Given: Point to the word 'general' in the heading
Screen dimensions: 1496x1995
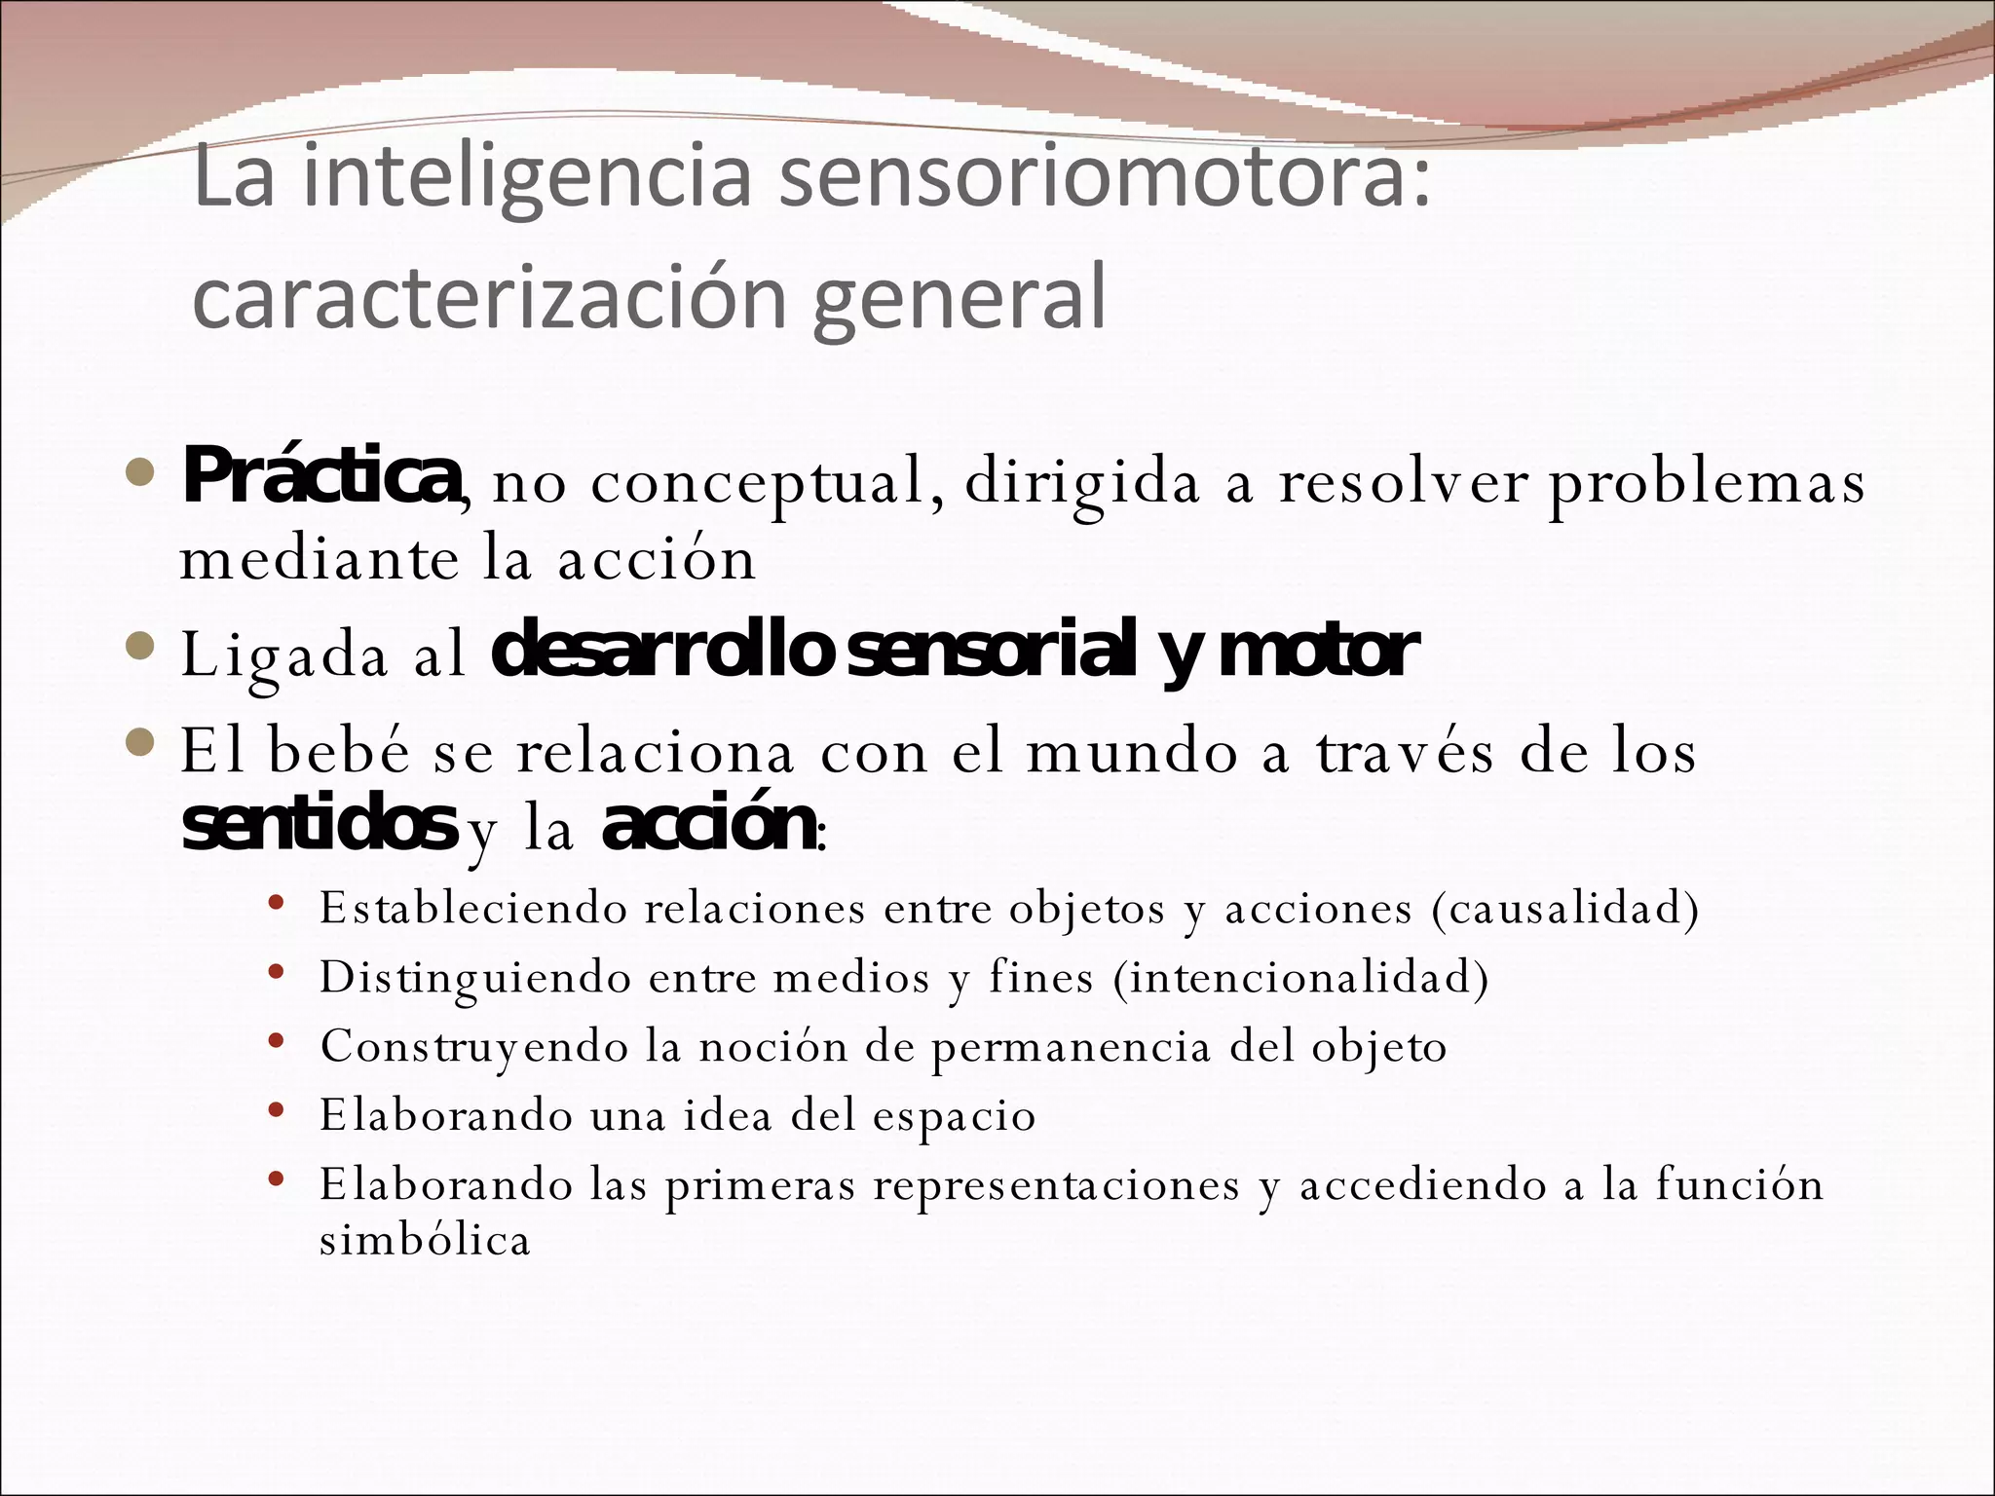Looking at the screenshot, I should click(960, 300).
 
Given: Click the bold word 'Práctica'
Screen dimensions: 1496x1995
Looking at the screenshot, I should click(320, 476).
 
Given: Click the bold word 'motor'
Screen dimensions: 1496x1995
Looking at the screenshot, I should click(1317, 652).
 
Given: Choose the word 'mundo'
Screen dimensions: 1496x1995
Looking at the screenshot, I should click(1131, 753).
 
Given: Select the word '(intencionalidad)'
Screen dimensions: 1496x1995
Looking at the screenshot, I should click(1301, 977).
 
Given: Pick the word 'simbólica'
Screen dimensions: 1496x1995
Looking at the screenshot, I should click(425, 1240).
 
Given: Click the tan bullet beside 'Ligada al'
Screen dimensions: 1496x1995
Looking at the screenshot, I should click(141, 646).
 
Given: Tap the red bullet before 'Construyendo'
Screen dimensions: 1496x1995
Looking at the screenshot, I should click(277, 1041).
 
